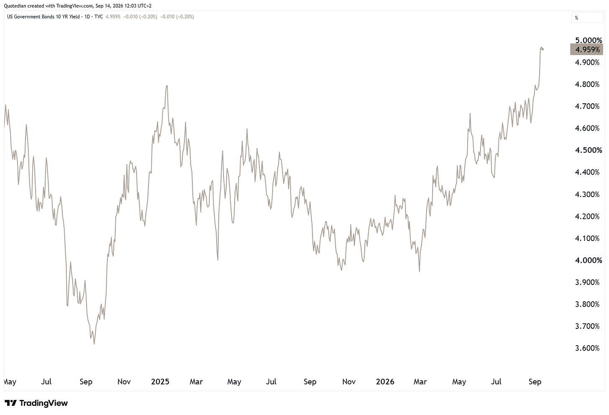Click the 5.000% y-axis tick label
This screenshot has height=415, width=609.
coord(589,40)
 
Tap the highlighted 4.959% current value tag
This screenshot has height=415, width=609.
coord(586,49)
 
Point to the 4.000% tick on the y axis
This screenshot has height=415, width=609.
coord(589,260)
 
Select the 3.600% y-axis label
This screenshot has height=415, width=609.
coord(587,348)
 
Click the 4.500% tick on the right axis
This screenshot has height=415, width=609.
coord(589,150)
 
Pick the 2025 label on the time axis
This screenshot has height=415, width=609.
coord(160,382)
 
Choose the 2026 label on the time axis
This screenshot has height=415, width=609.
coord(385,382)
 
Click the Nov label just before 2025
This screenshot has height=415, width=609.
coord(124,382)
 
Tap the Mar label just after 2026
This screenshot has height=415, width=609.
coord(420,382)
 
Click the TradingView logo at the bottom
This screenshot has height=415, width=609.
coord(36,403)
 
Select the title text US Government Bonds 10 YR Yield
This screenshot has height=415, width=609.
coord(43,17)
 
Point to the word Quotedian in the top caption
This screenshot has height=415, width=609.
coord(15,6)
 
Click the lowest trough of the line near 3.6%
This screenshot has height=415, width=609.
coord(95,344)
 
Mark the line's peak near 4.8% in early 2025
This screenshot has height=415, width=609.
coord(167,86)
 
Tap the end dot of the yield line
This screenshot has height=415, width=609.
coord(542,49)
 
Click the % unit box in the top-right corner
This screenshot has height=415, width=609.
coord(587,18)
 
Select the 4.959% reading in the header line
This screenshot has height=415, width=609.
coord(113,17)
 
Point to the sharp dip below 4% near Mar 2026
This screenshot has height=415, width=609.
coord(419,271)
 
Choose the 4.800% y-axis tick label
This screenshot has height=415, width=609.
coord(587,85)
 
